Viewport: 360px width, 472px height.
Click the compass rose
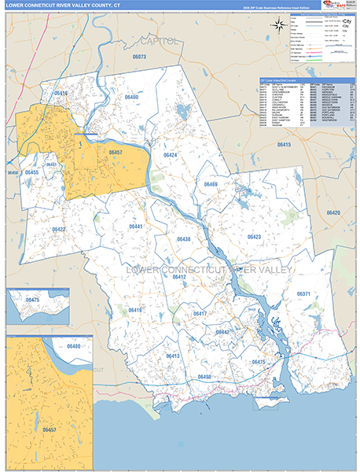(x=278, y=25)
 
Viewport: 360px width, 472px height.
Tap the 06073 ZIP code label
(x=140, y=57)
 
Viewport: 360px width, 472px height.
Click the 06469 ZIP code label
(x=211, y=184)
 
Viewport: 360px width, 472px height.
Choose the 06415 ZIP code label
(x=284, y=146)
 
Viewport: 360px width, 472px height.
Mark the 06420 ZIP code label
(x=333, y=213)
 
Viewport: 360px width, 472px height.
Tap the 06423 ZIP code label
(x=254, y=236)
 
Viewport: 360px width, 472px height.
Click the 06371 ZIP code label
(x=304, y=293)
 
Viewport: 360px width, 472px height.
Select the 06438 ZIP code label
(x=184, y=239)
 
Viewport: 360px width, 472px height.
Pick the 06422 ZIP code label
(x=59, y=230)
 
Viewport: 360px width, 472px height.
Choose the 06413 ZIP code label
(x=173, y=356)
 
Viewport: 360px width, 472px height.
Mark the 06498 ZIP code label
(x=204, y=377)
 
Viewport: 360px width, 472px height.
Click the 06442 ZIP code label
(x=222, y=332)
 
